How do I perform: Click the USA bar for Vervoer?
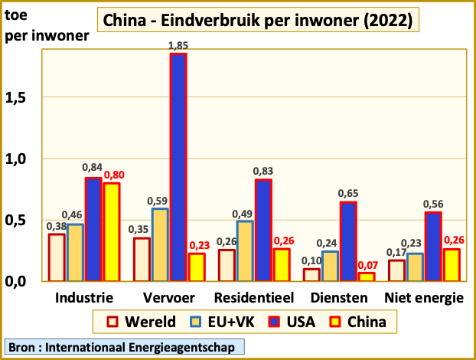(178, 167)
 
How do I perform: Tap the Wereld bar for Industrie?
(57, 257)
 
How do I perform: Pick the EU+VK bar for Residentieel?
(244, 250)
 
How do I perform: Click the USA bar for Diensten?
(347, 241)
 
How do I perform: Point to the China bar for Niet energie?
(452, 264)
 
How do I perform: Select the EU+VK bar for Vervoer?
(160, 244)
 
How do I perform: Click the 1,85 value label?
(178, 47)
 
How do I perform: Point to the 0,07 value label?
(367, 265)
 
